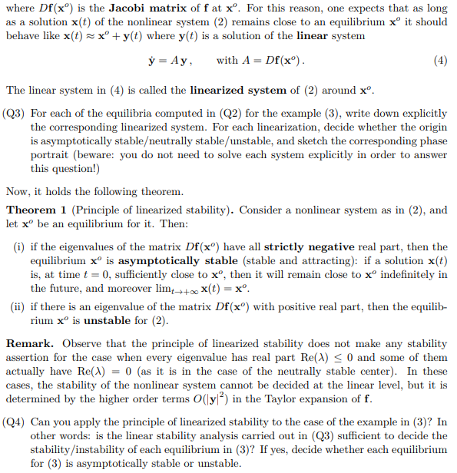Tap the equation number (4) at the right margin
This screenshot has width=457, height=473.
(440, 60)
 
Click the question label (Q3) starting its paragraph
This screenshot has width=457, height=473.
(16, 113)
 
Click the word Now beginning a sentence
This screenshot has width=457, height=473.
(18, 190)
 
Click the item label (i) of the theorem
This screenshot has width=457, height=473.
(18, 246)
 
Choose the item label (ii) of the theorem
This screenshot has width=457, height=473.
(17, 307)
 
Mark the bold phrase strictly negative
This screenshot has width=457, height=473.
(309, 246)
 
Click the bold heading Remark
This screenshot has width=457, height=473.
(30, 343)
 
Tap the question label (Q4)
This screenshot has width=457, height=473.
(16, 422)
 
